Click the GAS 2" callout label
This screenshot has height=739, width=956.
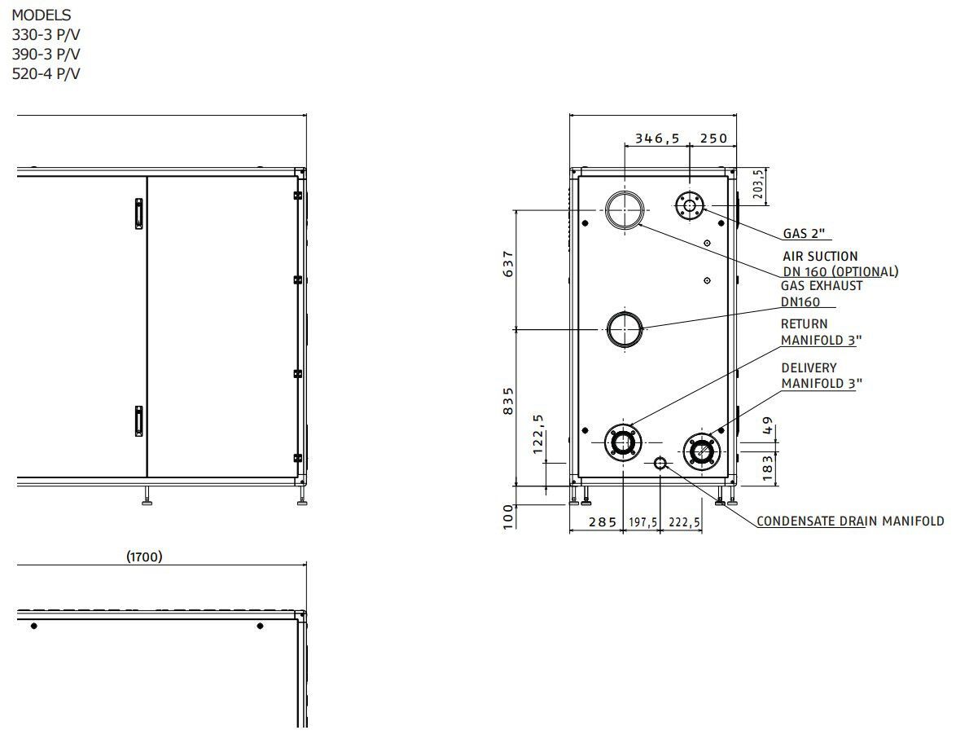coord(804,233)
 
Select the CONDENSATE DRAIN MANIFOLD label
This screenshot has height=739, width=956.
coord(850,521)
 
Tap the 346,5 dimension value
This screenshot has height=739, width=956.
coord(657,139)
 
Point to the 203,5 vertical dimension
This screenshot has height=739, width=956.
coord(758,184)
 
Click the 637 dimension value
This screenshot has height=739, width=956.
coord(508,264)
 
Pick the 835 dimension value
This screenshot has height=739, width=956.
coord(508,401)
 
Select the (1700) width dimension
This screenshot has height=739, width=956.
coord(144,556)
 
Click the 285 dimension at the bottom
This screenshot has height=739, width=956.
coord(603,521)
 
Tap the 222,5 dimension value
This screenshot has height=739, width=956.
coord(685,522)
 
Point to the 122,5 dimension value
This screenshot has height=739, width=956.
coord(537,434)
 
